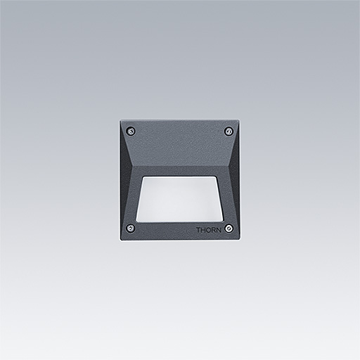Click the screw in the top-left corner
131,131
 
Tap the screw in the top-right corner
229,131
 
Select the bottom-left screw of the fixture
130,228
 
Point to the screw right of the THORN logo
229,228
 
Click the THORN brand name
209,230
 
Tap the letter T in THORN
198,230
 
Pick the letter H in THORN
203,230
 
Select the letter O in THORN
208,230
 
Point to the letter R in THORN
214,230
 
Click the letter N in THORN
219,230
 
